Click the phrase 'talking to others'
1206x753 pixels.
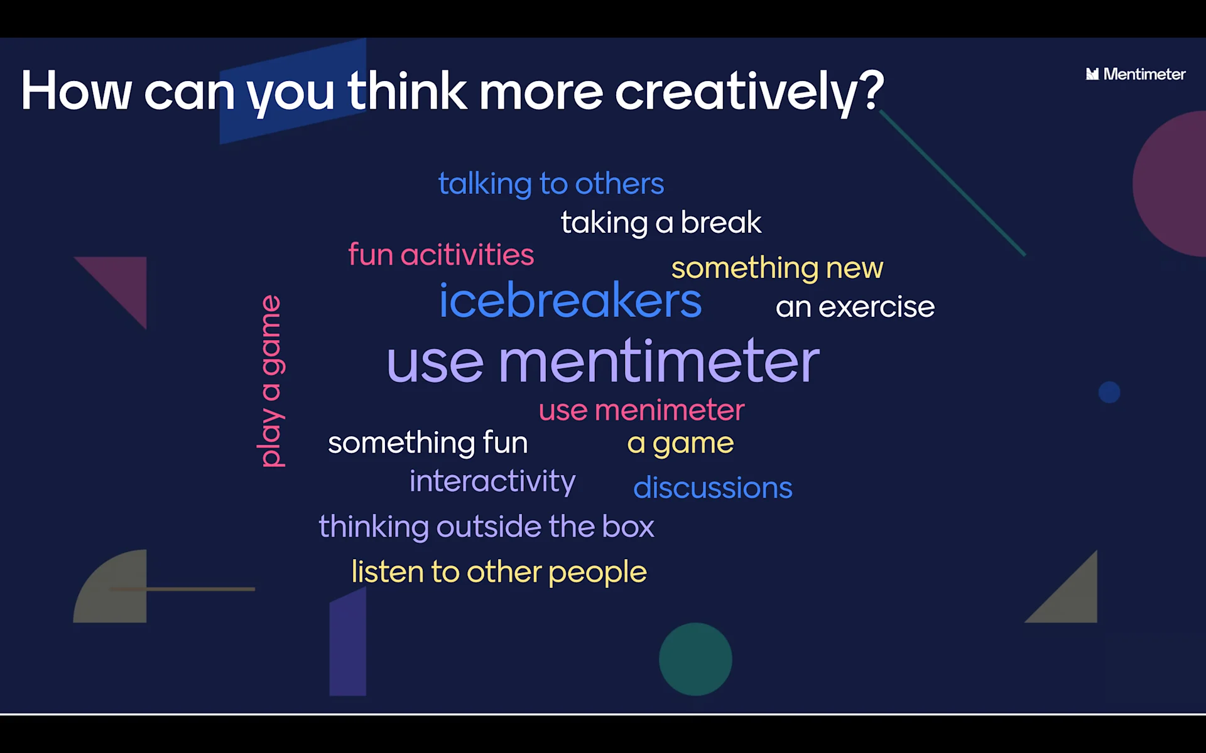pyautogui.click(x=551, y=184)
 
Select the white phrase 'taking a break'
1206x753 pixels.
pyautogui.click(x=661, y=223)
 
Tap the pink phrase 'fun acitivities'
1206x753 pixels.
pyautogui.click(x=441, y=254)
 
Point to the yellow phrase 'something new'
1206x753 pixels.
pyautogui.click(x=777, y=269)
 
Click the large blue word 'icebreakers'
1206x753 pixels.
pyautogui.click(x=570, y=300)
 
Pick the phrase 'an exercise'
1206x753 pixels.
pyautogui.click(x=855, y=307)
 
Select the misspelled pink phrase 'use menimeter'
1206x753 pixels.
pyautogui.click(x=641, y=410)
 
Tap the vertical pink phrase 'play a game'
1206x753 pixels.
pyautogui.click(x=271, y=381)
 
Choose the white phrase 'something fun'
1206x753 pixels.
pyautogui.click(x=428, y=443)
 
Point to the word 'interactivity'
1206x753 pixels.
pyautogui.click(x=492, y=482)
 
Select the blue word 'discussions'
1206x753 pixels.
pyautogui.click(x=713, y=488)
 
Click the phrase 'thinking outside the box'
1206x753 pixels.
pyautogui.click(x=486, y=526)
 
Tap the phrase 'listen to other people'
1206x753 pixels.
pyautogui.click(x=499, y=572)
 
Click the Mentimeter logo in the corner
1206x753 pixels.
pyautogui.click(x=1136, y=74)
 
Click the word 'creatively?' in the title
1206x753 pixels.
pyautogui.click(x=749, y=92)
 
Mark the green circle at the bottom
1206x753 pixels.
pyautogui.click(x=695, y=659)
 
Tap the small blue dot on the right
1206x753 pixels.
pyautogui.click(x=1109, y=392)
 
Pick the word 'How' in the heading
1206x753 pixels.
pyautogui.click(x=77, y=91)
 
